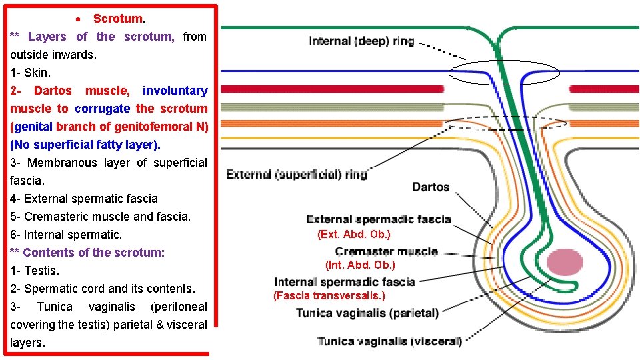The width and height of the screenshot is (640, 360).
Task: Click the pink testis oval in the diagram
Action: (x=564, y=262)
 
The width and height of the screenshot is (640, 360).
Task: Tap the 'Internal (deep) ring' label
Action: (x=361, y=41)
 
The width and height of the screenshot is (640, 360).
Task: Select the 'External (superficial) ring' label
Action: (x=297, y=175)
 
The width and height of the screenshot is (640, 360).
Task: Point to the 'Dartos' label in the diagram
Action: (x=431, y=187)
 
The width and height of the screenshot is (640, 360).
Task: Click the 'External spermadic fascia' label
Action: (x=378, y=219)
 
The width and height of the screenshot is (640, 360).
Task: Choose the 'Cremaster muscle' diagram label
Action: (x=386, y=251)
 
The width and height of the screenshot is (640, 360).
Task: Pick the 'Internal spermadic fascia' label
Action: (x=345, y=281)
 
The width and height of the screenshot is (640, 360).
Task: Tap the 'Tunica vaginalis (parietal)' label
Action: (x=367, y=313)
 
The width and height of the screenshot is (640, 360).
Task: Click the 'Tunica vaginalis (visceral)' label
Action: (x=389, y=341)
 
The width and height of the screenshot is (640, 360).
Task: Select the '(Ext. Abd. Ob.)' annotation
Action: (x=353, y=234)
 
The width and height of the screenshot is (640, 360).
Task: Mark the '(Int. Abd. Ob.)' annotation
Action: (x=360, y=265)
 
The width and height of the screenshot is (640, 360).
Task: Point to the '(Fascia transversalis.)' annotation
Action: (x=329, y=295)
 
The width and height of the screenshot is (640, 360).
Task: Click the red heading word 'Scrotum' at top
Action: (x=117, y=19)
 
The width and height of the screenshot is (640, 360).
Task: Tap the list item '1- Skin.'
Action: (x=31, y=72)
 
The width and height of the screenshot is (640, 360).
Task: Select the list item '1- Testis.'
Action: (x=35, y=271)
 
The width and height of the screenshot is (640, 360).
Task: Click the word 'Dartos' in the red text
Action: (x=53, y=91)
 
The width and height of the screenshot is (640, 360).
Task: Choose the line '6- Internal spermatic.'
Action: (x=66, y=235)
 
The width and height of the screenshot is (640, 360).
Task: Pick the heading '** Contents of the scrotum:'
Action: (x=87, y=253)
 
